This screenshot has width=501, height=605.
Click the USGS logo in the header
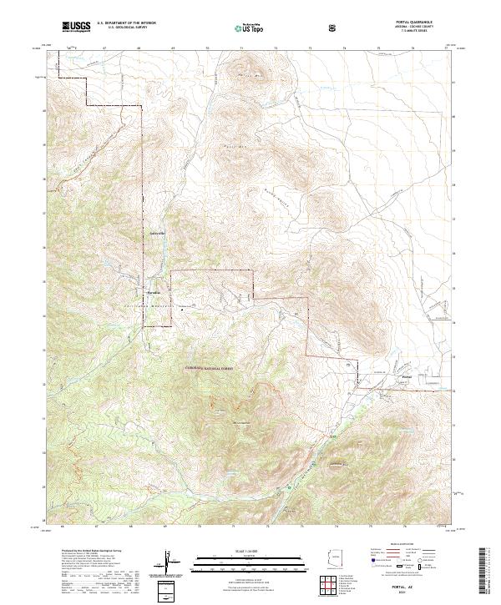coord(76,28)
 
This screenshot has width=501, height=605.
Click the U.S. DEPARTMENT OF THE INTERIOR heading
coord(126,24)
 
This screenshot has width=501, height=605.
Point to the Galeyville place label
coord(158,232)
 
